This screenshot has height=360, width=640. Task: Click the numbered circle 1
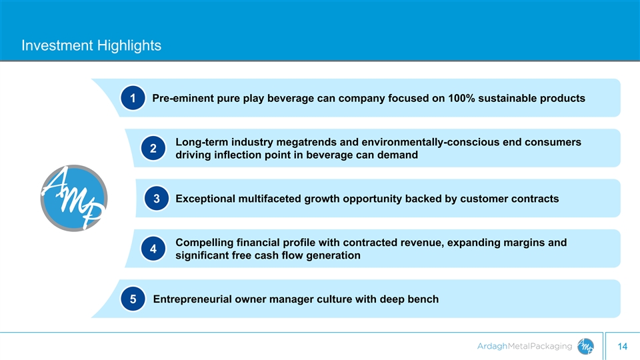(133, 98)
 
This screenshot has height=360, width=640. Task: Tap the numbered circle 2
(153, 148)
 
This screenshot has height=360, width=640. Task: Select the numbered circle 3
(156, 199)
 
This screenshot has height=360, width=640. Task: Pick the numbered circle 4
(153, 249)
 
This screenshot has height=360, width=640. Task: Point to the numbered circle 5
(133, 299)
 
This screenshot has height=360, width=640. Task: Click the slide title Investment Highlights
(91, 45)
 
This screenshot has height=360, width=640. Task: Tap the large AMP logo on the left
(74, 198)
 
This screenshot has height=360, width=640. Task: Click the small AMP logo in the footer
(585, 346)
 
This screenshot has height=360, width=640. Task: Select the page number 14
(623, 347)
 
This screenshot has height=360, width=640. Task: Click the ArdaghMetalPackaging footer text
(525, 347)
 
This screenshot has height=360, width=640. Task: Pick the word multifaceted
(270, 199)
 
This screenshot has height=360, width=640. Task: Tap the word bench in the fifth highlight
(424, 299)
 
